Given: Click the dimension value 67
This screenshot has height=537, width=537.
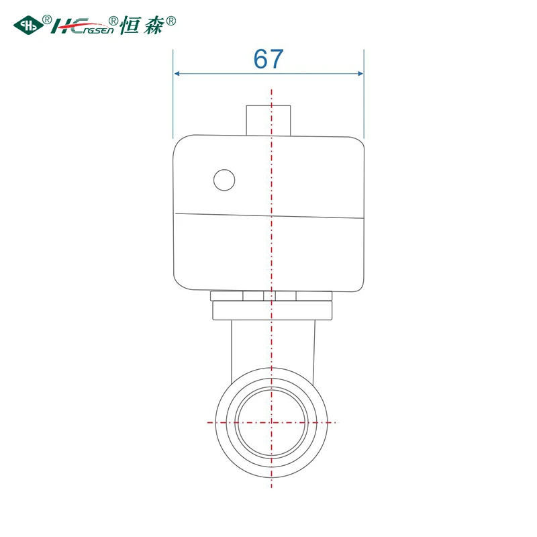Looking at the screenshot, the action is pos(268,59).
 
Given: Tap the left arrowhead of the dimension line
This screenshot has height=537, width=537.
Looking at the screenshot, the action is pos(177,73).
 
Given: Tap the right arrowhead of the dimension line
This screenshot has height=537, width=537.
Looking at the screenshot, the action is pos(360,73).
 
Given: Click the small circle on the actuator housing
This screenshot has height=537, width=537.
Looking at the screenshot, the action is pos(224,180).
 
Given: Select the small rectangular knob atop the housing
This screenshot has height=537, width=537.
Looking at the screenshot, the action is pos(268,121).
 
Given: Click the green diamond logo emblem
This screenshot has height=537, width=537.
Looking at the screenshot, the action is pos(28,26).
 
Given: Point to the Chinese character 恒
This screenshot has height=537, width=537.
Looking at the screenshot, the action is pos(130,25).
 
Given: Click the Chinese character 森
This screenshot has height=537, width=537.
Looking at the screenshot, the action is pos(153,26).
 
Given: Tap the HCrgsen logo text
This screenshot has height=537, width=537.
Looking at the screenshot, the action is pos(82,26).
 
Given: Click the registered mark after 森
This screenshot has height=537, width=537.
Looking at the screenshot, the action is pos(170,21).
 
